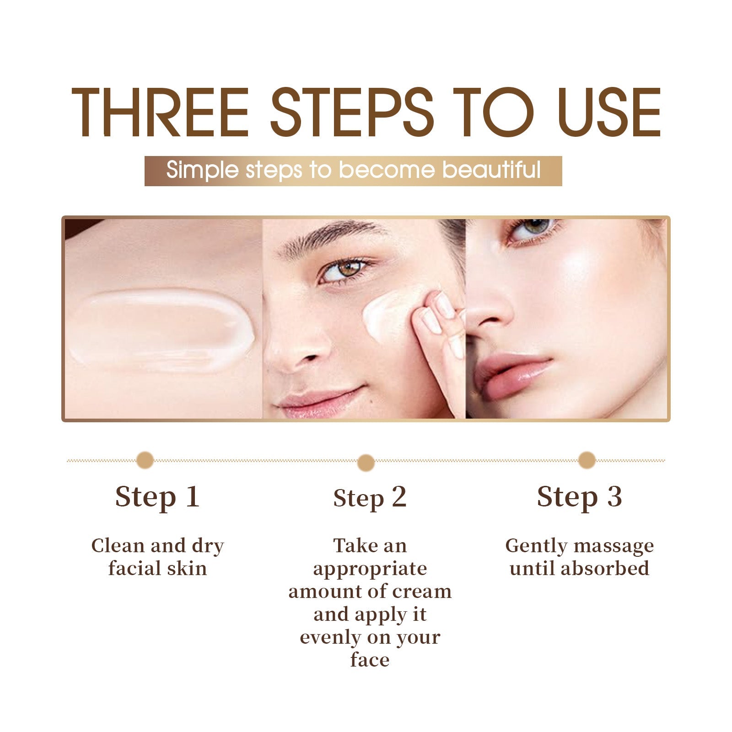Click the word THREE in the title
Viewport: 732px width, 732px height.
160,112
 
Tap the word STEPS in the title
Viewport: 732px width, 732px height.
352,112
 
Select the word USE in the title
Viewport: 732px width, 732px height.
609,112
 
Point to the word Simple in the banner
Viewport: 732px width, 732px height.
203,171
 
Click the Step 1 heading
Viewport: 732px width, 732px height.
157,497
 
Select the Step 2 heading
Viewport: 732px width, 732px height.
370,498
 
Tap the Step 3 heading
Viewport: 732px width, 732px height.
579,497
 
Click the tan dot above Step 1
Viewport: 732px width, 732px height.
145,460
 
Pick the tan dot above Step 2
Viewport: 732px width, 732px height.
366,463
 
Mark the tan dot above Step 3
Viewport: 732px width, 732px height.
587,460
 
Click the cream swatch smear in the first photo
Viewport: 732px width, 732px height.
161,329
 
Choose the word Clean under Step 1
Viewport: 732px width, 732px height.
118,545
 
